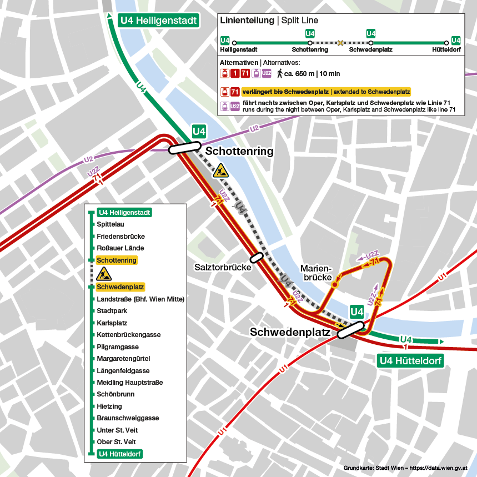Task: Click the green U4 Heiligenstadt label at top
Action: tap(158, 21)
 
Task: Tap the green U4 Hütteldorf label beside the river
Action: tap(410, 361)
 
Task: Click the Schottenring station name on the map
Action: tap(239, 152)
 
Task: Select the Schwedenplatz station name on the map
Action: tap(290, 333)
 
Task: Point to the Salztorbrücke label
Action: tap(222, 267)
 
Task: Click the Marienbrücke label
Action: tap(316, 273)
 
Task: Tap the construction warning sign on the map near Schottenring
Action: tap(221, 170)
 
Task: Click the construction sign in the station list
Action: tap(104, 274)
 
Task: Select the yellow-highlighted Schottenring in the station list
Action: tap(117, 260)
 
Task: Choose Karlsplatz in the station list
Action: tap(112, 323)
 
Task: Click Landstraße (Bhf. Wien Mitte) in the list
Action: tap(140, 299)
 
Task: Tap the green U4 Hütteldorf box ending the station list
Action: tap(119, 454)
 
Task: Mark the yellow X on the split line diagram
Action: tap(340, 42)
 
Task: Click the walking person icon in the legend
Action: tap(280, 73)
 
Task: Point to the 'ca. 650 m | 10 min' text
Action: tap(312, 73)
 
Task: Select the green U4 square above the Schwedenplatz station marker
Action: tap(357, 312)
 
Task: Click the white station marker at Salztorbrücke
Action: tap(256, 257)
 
